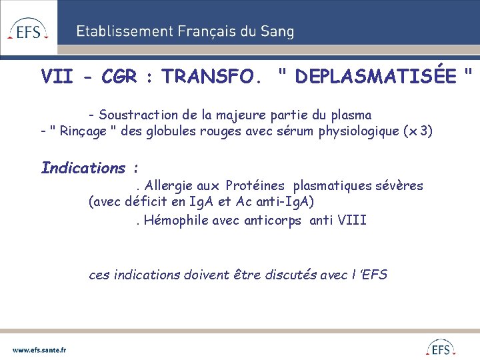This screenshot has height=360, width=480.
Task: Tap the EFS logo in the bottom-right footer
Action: pyautogui.click(x=441, y=348)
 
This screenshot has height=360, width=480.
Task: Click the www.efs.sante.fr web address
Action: pyautogui.click(x=39, y=349)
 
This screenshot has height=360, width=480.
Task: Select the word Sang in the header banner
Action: pyautogui.click(x=277, y=31)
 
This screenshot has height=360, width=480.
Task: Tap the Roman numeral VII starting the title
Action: pyautogui.click(x=57, y=77)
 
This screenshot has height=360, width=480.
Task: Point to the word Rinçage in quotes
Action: pyautogui.click(x=83, y=131)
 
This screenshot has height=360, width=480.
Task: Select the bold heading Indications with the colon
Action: pyautogui.click(x=89, y=168)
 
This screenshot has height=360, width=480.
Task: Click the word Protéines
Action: pyautogui.click(x=255, y=185)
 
